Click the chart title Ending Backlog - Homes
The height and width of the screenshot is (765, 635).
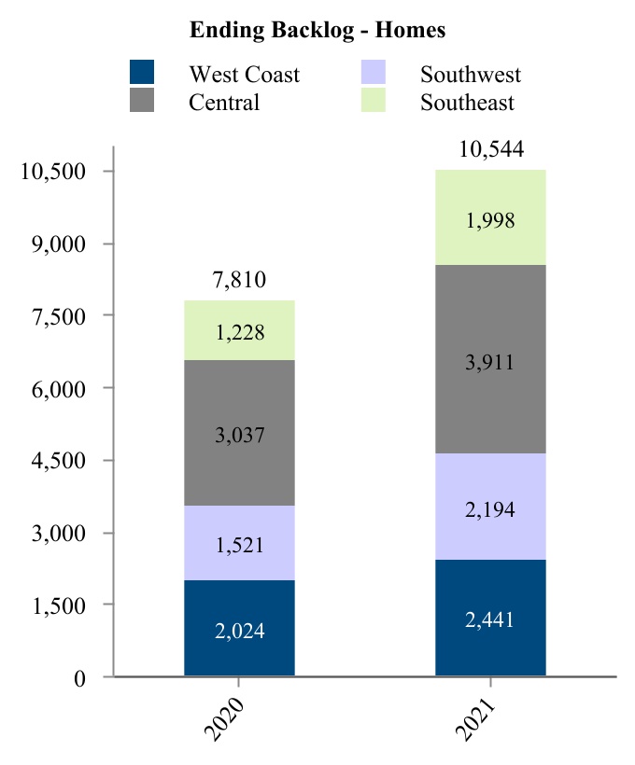click(x=317, y=30)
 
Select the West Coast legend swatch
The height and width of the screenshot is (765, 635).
click(x=141, y=72)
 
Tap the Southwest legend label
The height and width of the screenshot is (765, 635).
click(x=471, y=75)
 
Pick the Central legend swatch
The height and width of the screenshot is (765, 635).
click(x=141, y=101)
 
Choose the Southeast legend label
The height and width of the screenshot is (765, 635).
click(x=467, y=103)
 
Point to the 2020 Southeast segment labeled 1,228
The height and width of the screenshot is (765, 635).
click(x=240, y=331)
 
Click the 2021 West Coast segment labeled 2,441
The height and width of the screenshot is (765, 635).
click(x=490, y=618)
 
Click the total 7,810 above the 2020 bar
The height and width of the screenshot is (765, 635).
click(x=240, y=280)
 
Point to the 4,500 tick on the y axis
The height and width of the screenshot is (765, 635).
click(x=59, y=461)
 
